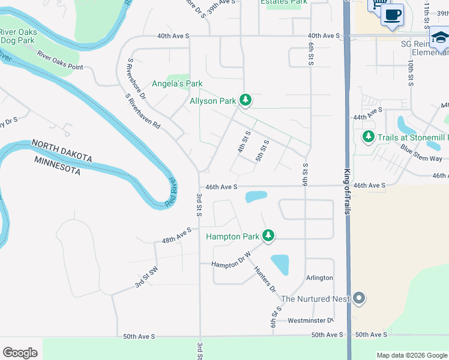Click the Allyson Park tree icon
click(x=245, y=100)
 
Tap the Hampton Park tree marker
click(x=269, y=236)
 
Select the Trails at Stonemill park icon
click(x=369, y=137)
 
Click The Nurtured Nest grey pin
click(x=359, y=298)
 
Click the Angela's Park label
click(x=177, y=83)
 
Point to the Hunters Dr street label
click(x=264, y=280)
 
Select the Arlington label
click(x=319, y=278)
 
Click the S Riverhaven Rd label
click(x=143, y=112)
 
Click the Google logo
click(x=20, y=353)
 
